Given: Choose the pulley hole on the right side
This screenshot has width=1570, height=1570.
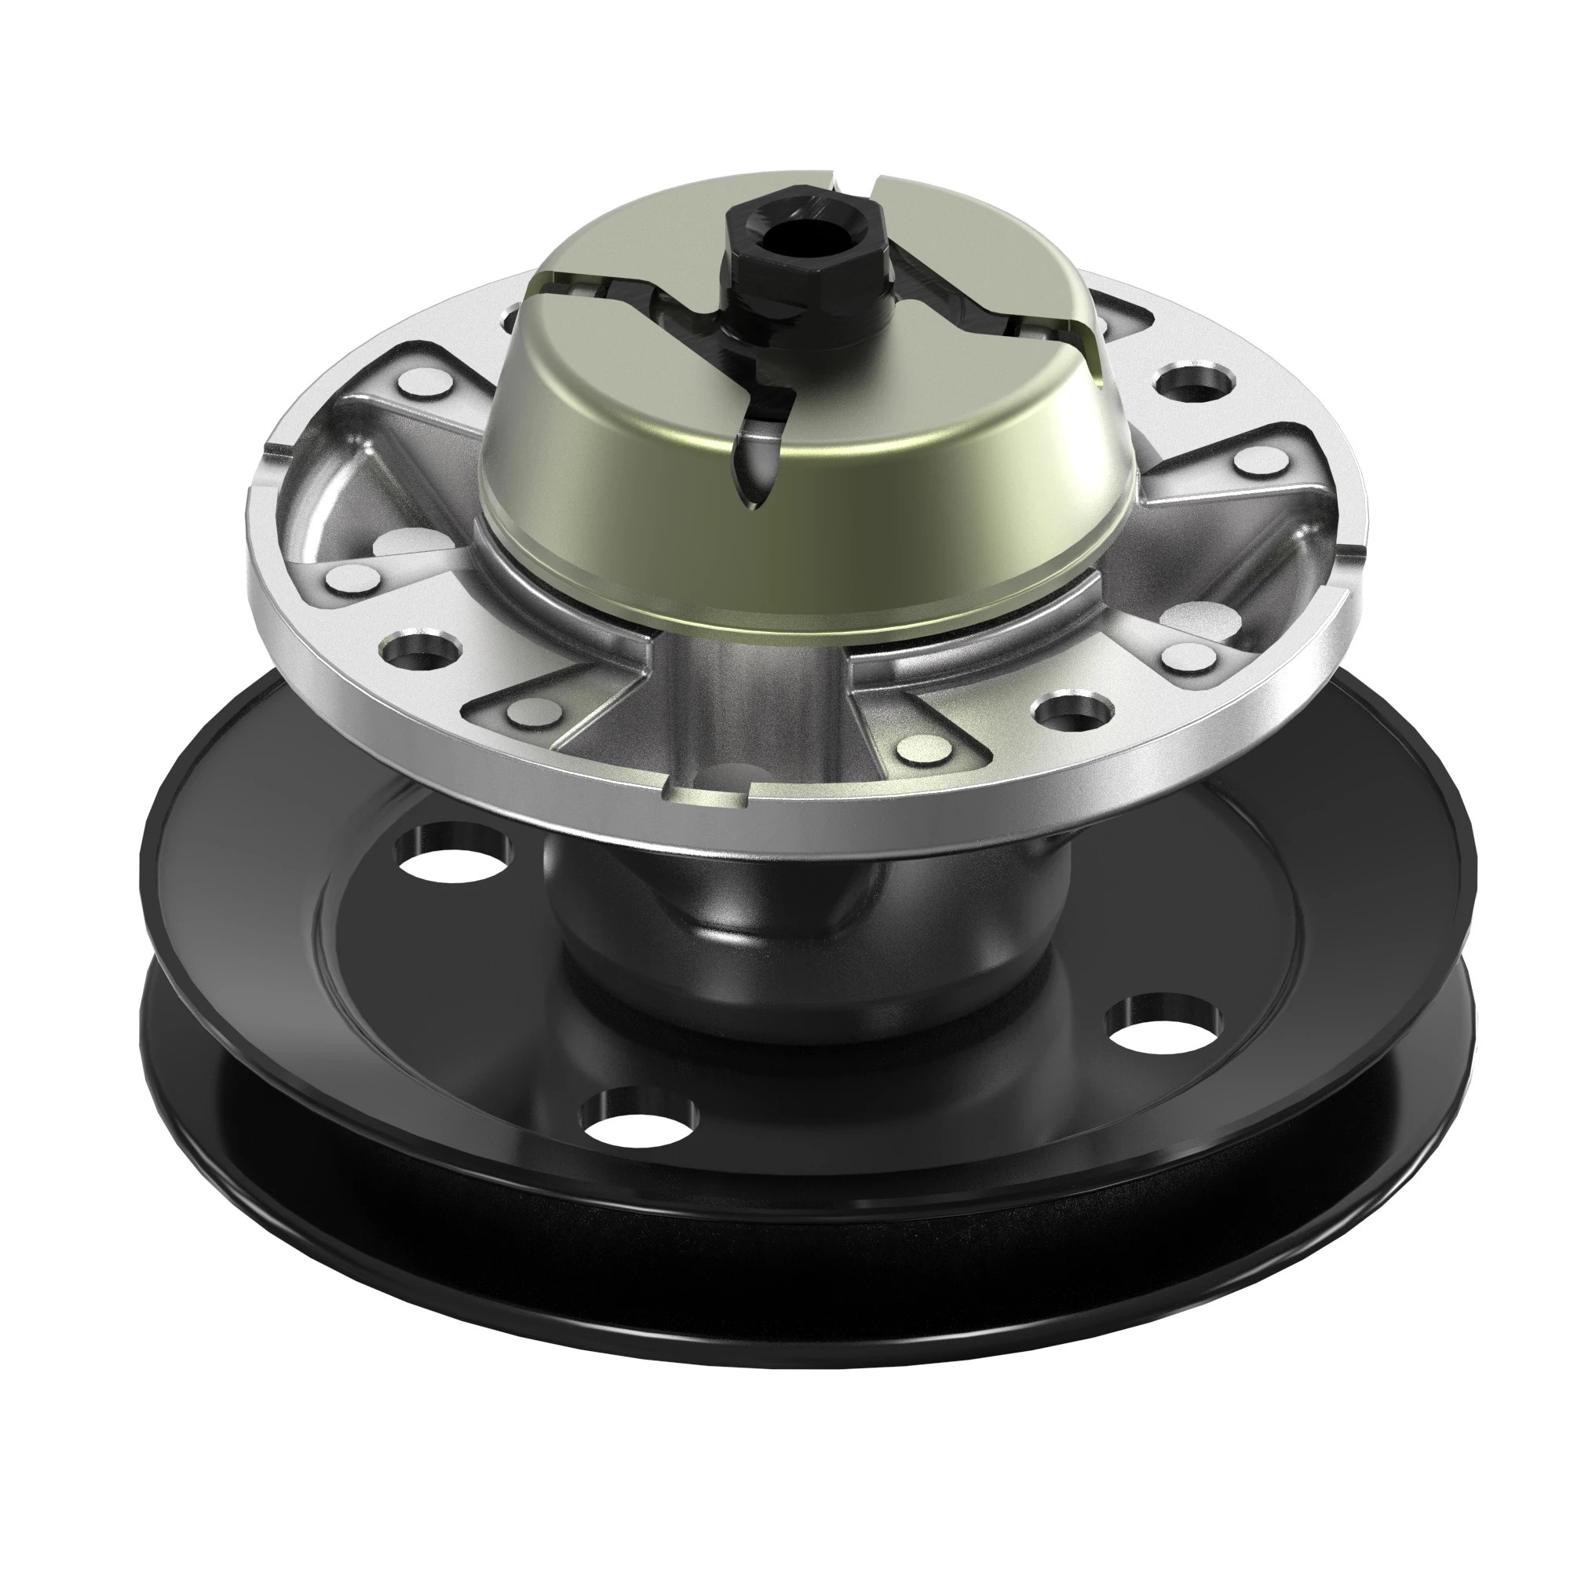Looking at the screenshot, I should pos(1163,1026).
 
